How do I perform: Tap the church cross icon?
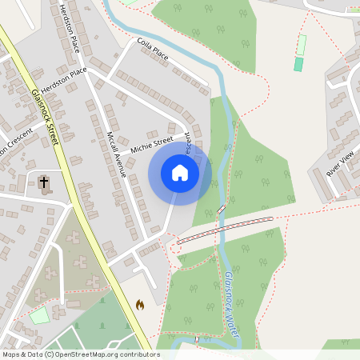pyautogui.click(x=43, y=182)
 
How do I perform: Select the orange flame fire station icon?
pyautogui.click(x=141, y=305)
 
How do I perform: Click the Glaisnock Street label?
pyautogui.click(x=45, y=116)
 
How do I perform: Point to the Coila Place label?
pyautogui.click(x=154, y=50)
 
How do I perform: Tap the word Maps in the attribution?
pyautogui.click(x=11, y=354)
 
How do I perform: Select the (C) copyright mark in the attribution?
pyautogui.click(x=49, y=354)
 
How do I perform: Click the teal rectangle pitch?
pyautogui.click(x=298, y=64)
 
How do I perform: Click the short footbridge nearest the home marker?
pyautogui.click(x=220, y=210)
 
